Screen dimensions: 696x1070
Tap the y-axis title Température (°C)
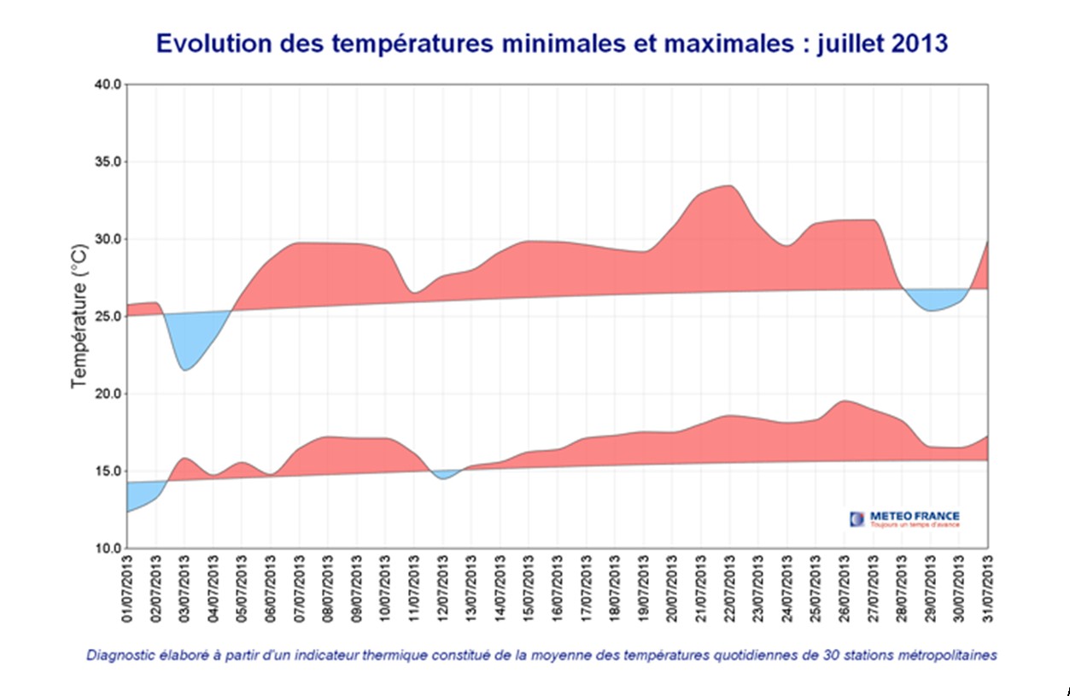pos(79,316)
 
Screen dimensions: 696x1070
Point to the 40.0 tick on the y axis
pos(108,85)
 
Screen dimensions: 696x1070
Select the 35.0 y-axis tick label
pos(108,162)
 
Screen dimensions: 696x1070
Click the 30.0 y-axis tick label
pos(108,239)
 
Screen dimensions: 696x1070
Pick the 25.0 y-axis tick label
pos(108,317)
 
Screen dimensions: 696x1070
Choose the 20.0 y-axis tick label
pos(108,394)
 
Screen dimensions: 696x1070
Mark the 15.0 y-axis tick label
pos(108,471)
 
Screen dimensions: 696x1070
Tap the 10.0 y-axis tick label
pos(108,548)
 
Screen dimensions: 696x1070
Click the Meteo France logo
pos(904,518)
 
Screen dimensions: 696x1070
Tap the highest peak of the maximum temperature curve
pos(728,186)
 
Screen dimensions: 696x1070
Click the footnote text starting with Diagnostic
pos(541,656)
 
